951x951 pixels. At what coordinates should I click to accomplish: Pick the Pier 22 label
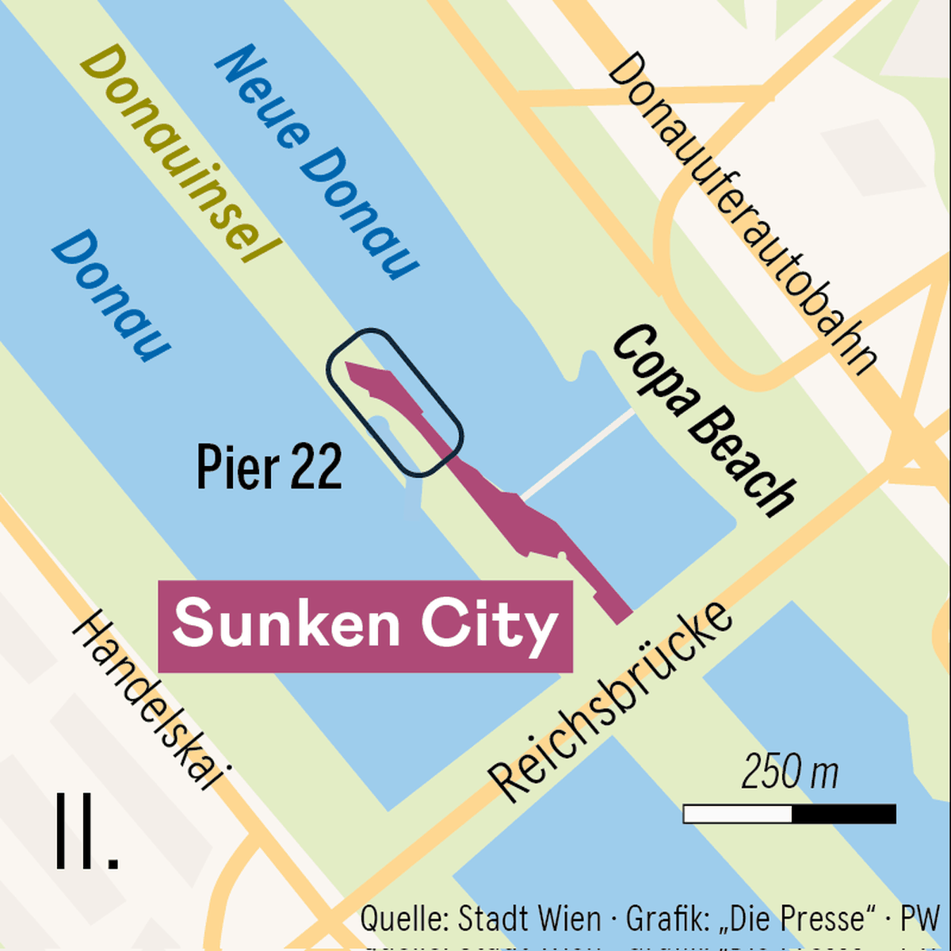pyautogui.click(x=269, y=467)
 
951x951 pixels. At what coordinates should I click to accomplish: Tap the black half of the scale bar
pyautogui.click(x=844, y=814)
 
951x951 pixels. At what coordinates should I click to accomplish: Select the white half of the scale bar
pyautogui.click(x=738, y=814)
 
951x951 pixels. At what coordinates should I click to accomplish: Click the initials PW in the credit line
pyautogui.click(x=920, y=919)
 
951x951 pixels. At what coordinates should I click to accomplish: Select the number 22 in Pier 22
pyautogui.click(x=316, y=467)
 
